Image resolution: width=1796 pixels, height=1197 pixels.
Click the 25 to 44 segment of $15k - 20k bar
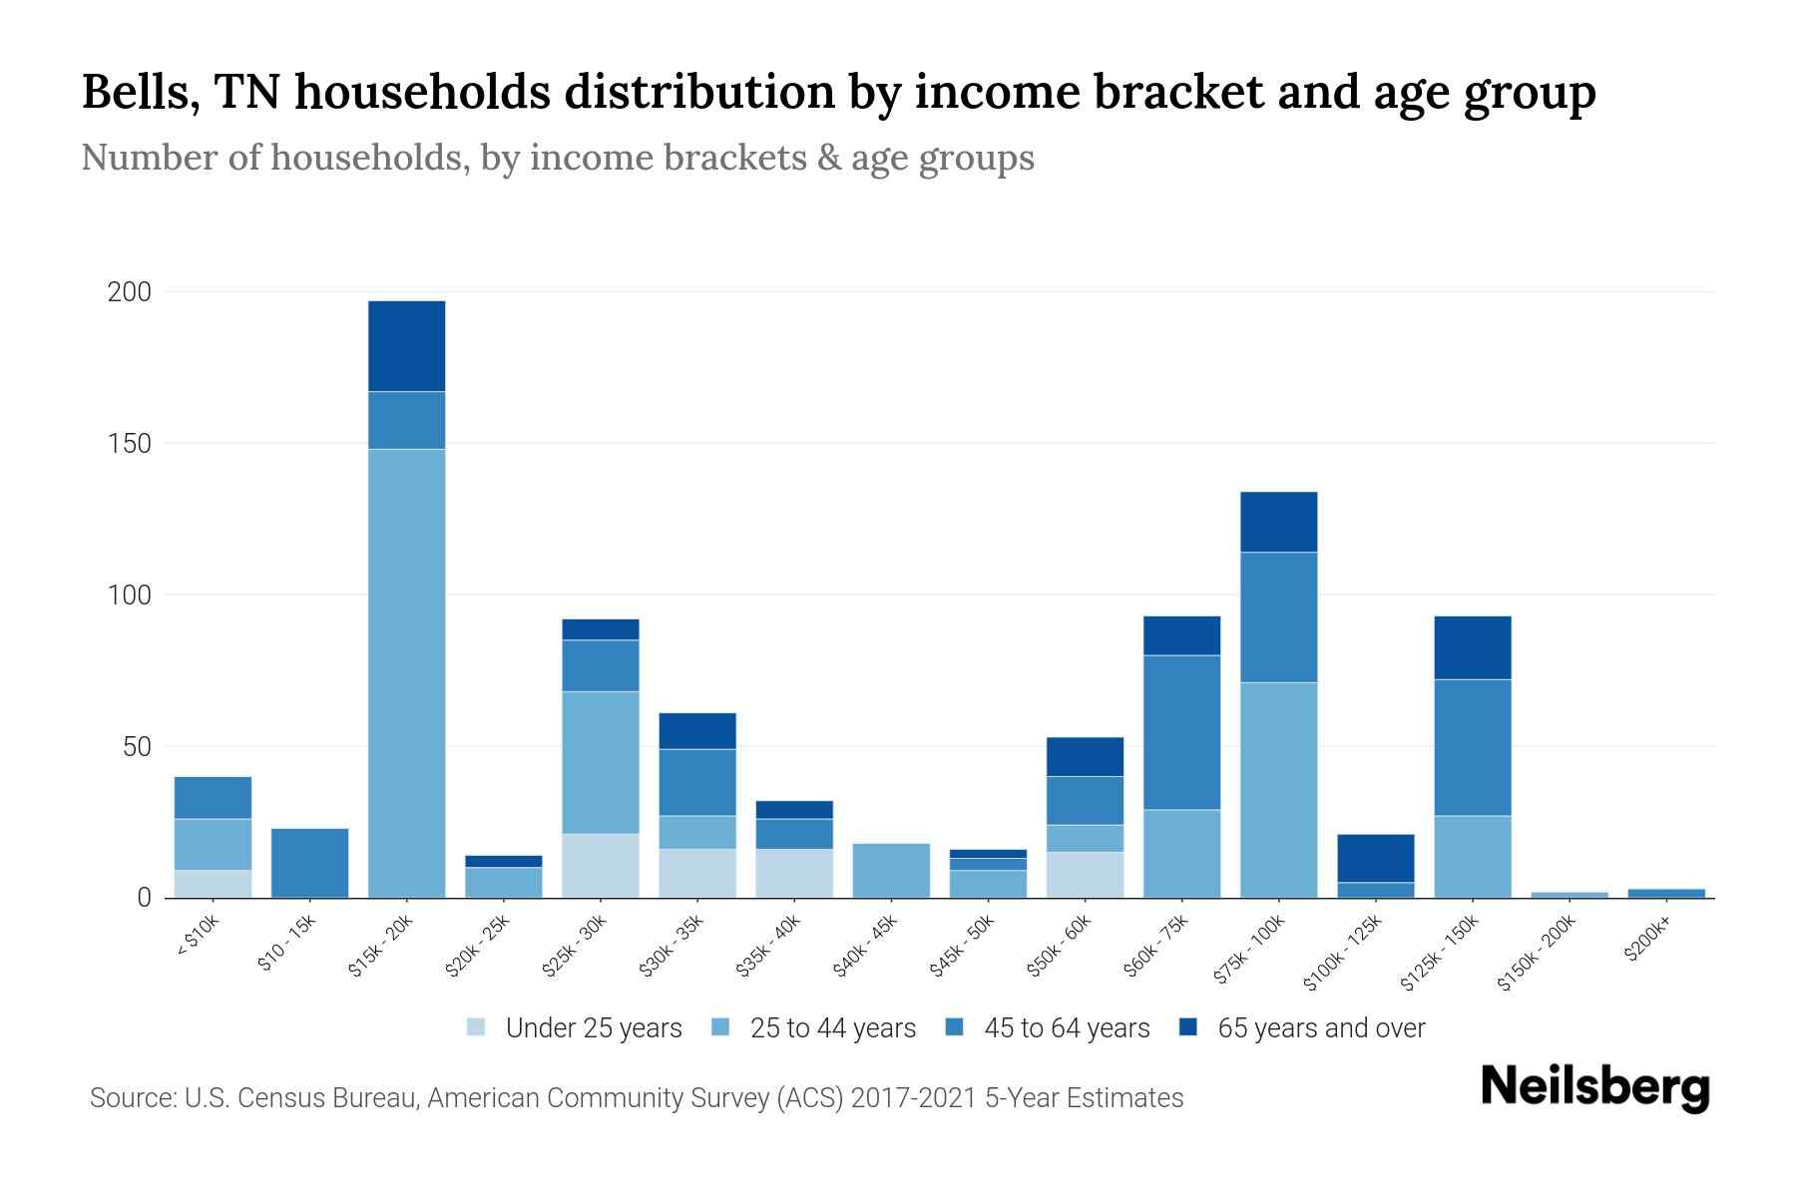click(406, 673)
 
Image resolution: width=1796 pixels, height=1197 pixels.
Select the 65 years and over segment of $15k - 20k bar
click(406, 346)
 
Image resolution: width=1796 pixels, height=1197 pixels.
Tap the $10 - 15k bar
click(309, 863)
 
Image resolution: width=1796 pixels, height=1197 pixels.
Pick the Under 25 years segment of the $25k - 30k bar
click(600, 866)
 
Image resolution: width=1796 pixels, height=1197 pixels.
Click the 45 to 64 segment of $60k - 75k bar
click(1181, 732)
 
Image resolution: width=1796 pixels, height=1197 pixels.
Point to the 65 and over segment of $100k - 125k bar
click(1375, 858)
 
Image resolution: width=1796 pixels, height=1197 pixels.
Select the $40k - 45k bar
click(891, 870)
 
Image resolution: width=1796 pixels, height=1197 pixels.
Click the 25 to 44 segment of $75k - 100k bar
click(1278, 790)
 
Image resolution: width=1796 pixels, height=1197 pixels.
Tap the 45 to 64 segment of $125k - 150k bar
click(1472, 747)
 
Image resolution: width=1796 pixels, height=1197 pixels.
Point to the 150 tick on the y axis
click(130, 444)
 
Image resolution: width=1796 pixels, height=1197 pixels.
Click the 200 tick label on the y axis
click(130, 292)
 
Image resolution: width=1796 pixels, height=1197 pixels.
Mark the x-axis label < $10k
click(197, 937)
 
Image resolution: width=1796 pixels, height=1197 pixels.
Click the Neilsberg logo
click(1594, 1087)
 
